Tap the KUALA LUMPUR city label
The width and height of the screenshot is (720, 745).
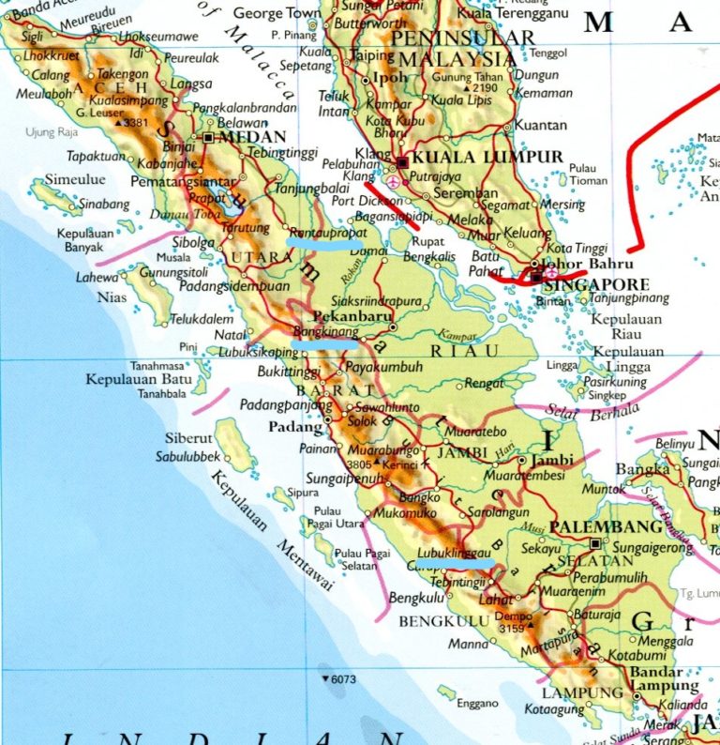click(x=487, y=157)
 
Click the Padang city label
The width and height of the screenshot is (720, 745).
click(x=288, y=426)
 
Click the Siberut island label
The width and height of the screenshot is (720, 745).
click(x=188, y=438)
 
